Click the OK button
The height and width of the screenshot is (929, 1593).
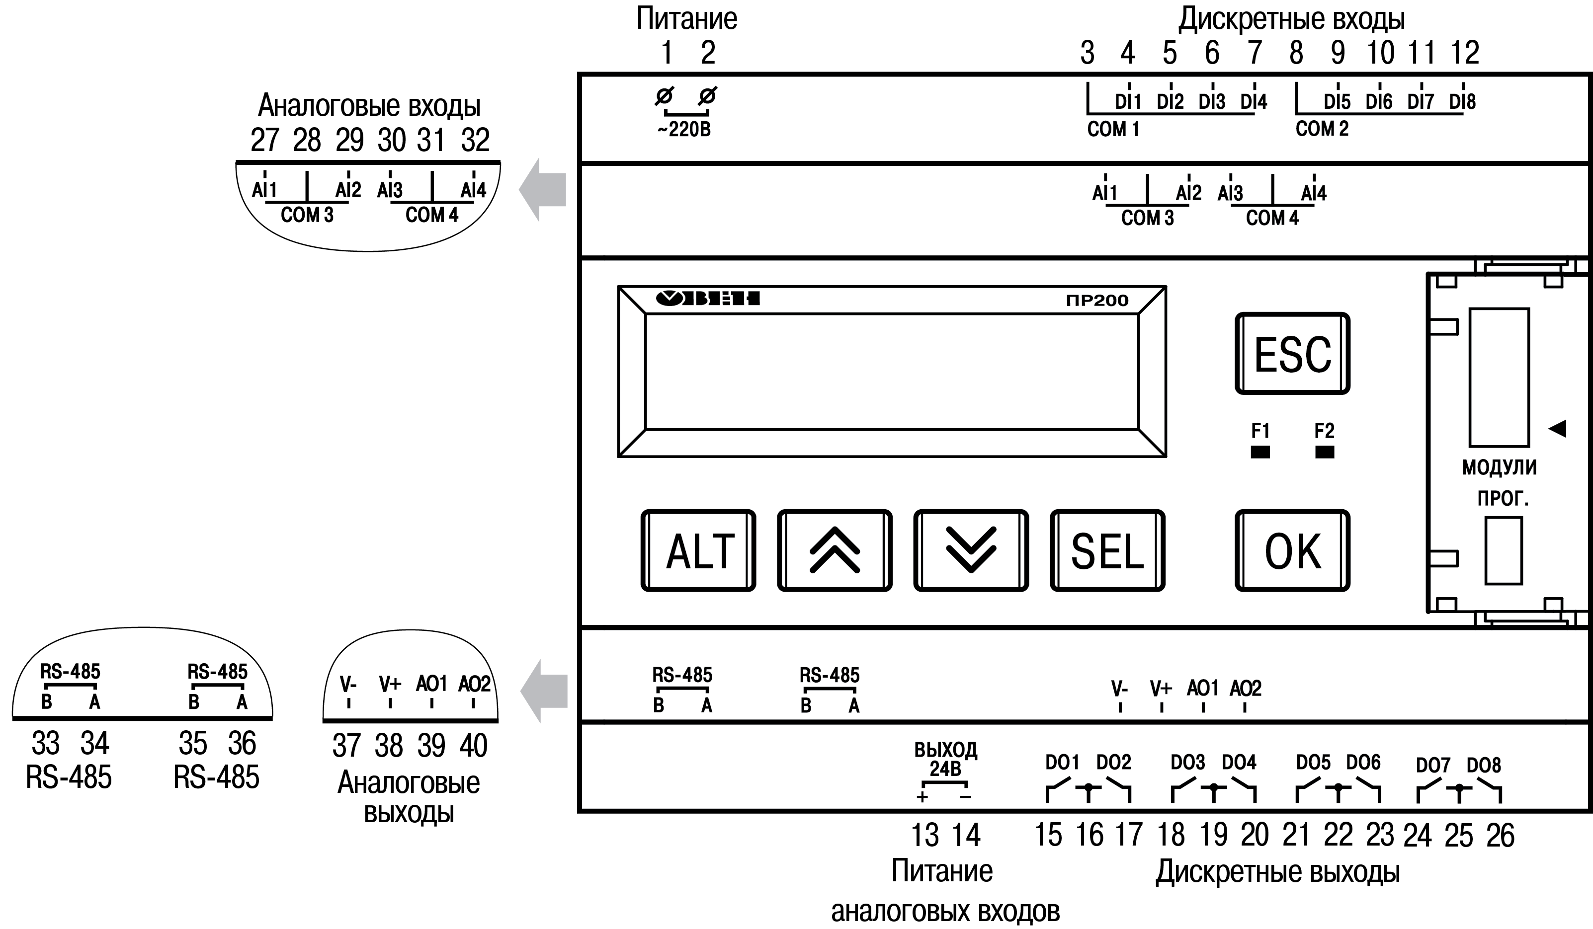[x=1292, y=550]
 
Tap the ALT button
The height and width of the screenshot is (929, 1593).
[x=698, y=550]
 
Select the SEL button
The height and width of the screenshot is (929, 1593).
[x=1107, y=550]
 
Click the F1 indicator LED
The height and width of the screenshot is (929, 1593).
[x=1260, y=452]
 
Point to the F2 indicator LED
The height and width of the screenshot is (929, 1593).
[x=1324, y=452]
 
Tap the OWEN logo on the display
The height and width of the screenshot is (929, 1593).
[x=707, y=298]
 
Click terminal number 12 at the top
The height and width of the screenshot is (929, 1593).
[x=1464, y=53]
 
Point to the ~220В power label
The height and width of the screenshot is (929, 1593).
[x=684, y=130]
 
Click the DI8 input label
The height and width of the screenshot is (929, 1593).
[x=1462, y=102]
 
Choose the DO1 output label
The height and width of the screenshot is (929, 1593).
[x=1062, y=762]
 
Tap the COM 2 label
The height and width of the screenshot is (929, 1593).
[x=1322, y=129]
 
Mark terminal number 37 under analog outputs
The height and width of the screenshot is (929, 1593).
[x=346, y=746]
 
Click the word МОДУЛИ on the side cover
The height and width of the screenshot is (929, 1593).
[x=1499, y=467]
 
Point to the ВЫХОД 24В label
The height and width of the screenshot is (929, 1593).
[x=946, y=759]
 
